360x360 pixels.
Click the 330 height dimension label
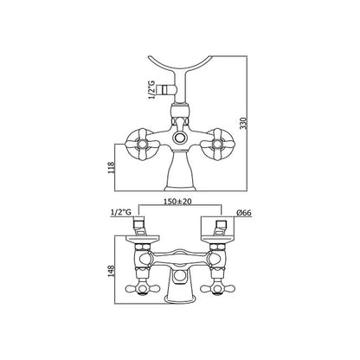pyautogui.click(x=244, y=123)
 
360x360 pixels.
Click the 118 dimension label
pyautogui.click(x=112, y=168)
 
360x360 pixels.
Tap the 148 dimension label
pyautogui.click(x=111, y=272)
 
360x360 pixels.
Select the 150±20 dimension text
pyautogui.click(x=177, y=202)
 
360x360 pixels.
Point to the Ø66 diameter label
pyautogui.click(x=244, y=213)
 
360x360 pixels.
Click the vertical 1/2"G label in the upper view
pyautogui.click(x=151, y=90)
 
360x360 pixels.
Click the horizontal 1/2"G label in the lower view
pyautogui.click(x=121, y=213)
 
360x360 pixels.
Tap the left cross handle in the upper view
pyautogui.click(x=143, y=145)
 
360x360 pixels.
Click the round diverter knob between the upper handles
pyautogui.click(x=180, y=138)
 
